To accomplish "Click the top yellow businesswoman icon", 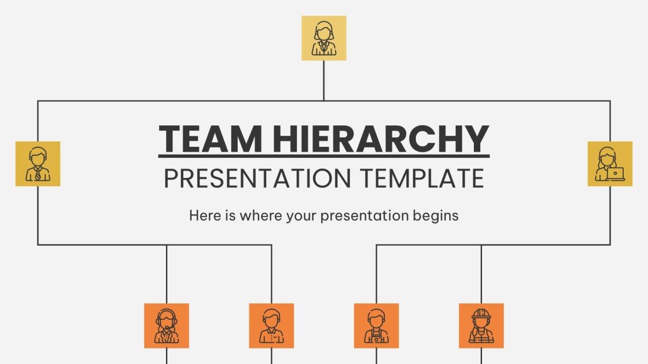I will pyautogui.click(x=324, y=38).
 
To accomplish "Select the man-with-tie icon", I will pyautogui.click(x=38, y=164).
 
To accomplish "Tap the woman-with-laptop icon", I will pyautogui.click(x=610, y=164).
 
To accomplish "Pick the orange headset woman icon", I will pyautogui.click(x=167, y=326).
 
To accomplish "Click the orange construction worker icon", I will pyautogui.click(x=481, y=326).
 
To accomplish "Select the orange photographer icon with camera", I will pyautogui.click(x=376, y=326).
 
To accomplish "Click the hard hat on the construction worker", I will pyautogui.click(x=481, y=314).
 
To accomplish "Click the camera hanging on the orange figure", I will pyautogui.click(x=377, y=339).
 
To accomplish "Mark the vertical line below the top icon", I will pyautogui.click(x=324, y=80).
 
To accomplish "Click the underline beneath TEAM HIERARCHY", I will pyautogui.click(x=324, y=156).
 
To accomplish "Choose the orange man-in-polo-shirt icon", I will pyautogui.click(x=271, y=326).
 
